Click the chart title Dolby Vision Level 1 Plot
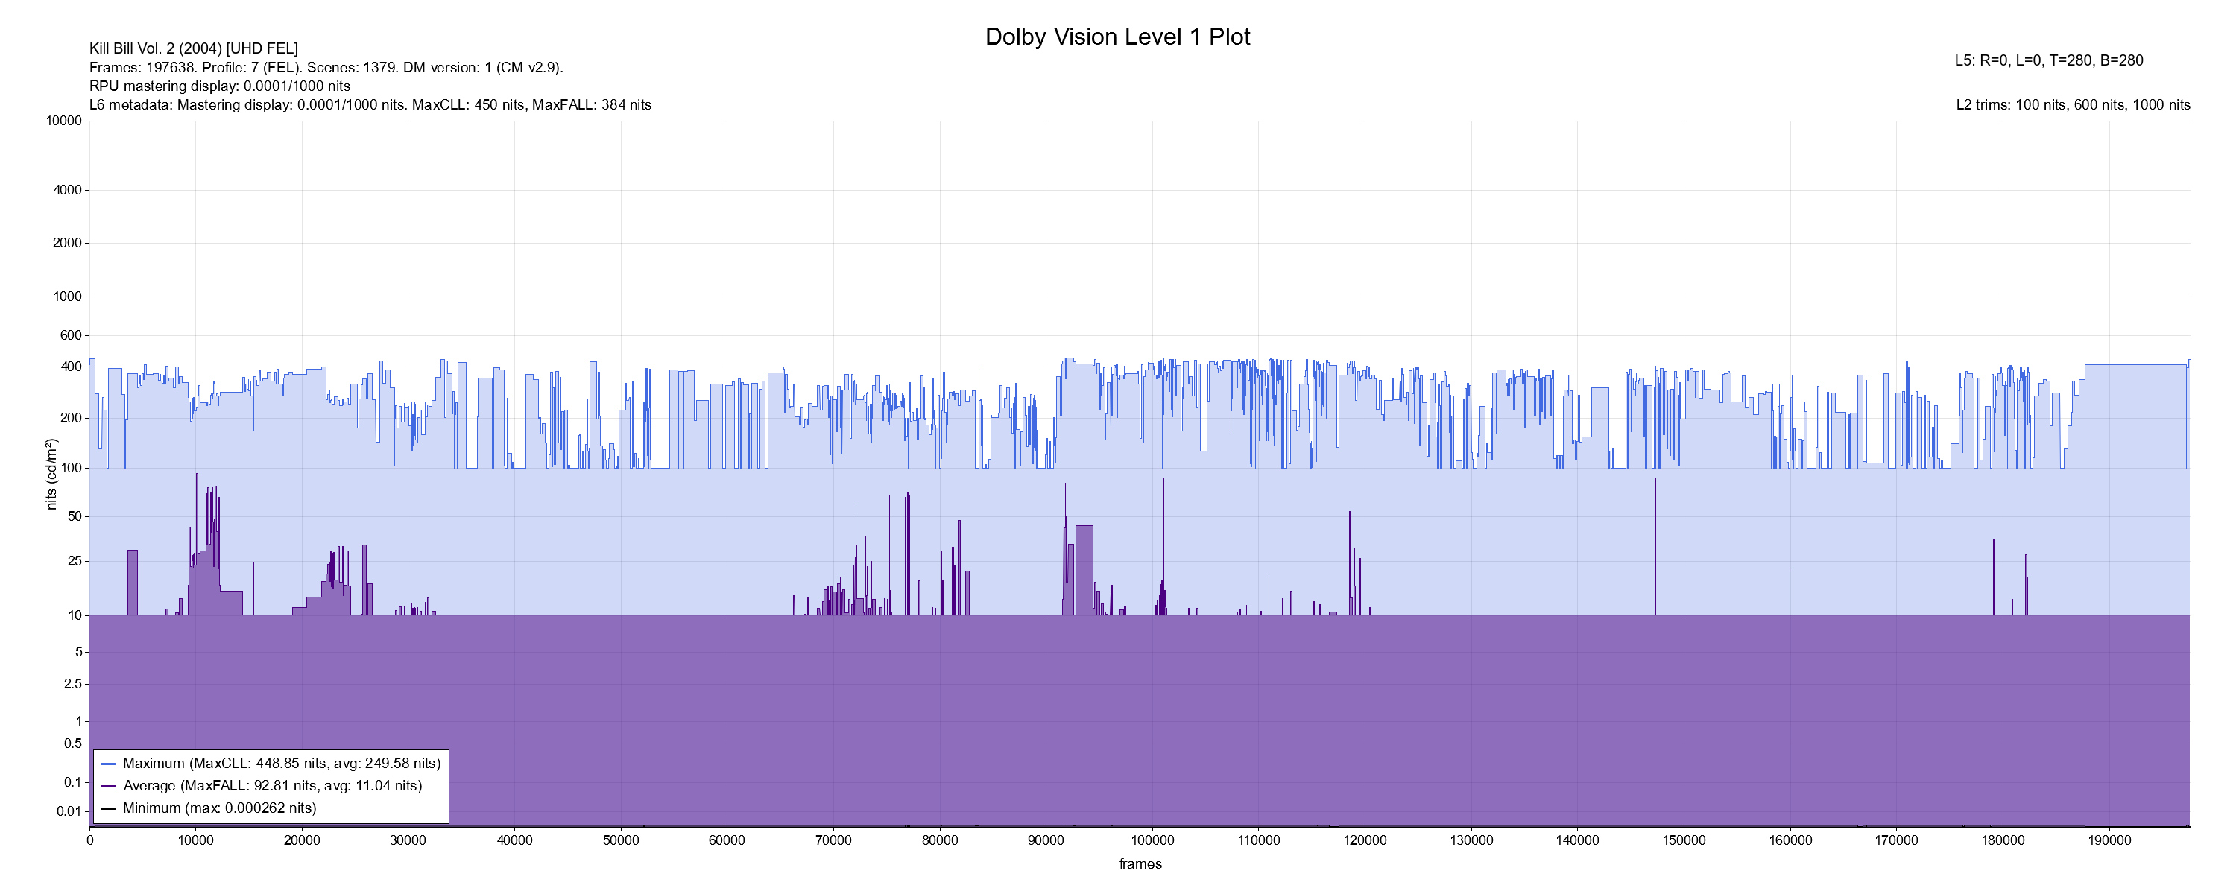1117,37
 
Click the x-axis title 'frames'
1140,863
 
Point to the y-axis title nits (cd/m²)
51,474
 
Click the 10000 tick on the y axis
64,121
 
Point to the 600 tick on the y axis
71,335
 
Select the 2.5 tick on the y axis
73,684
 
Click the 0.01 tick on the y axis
69,811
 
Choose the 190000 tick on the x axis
2109,840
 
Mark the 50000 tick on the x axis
621,840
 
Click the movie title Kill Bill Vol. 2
193,48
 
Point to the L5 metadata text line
2048,61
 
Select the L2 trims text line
2073,105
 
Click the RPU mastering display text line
220,86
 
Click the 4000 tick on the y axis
68,190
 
